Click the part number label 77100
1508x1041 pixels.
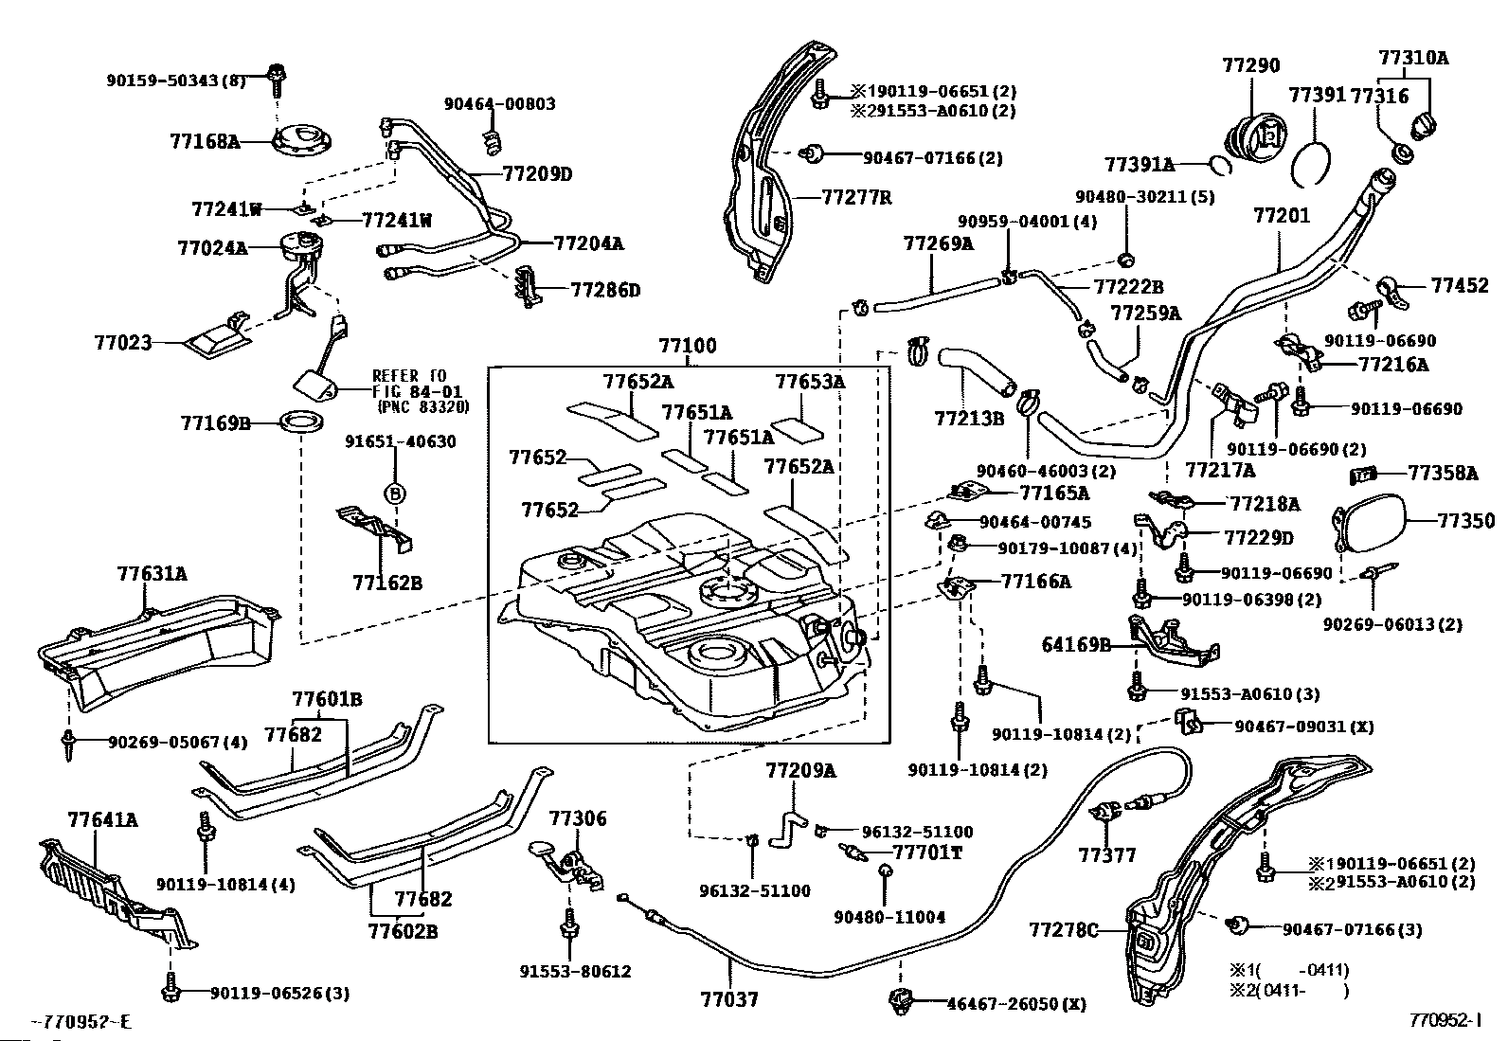pyautogui.click(x=688, y=347)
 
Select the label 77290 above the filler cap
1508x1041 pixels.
pyautogui.click(x=1250, y=65)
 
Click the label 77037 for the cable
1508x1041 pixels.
pyautogui.click(x=729, y=998)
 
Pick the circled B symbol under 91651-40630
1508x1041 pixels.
pyautogui.click(x=395, y=493)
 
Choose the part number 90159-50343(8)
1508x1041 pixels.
pyautogui.click(x=175, y=81)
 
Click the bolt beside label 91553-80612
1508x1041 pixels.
pyautogui.click(x=569, y=923)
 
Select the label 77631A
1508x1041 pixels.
pyautogui.click(x=153, y=573)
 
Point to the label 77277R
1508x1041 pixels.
pyautogui.click(x=856, y=198)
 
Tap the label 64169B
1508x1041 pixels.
pyautogui.click(x=1076, y=645)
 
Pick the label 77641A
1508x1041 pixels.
pyautogui.click(x=102, y=819)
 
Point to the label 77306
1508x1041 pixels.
pyautogui.click(x=578, y=818)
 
